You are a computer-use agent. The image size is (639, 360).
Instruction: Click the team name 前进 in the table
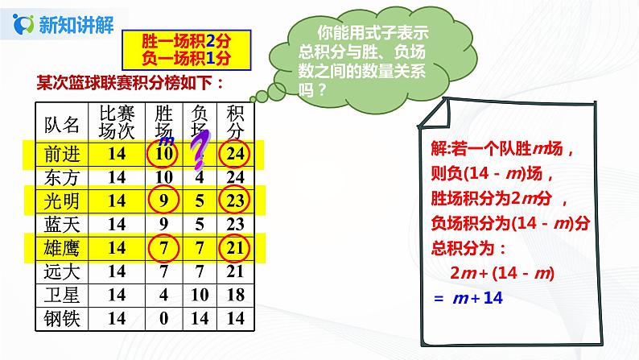[64, 153]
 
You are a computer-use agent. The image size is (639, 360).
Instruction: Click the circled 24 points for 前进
[235, 153]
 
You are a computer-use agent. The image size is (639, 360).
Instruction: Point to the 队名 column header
[64, 123]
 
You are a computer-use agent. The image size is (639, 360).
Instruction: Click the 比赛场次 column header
[113, 122]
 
